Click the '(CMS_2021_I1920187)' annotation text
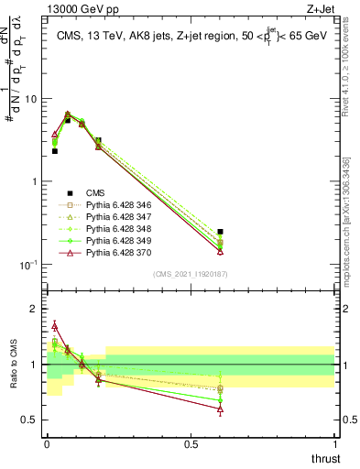pyautogui.click(x=191, y=274)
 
